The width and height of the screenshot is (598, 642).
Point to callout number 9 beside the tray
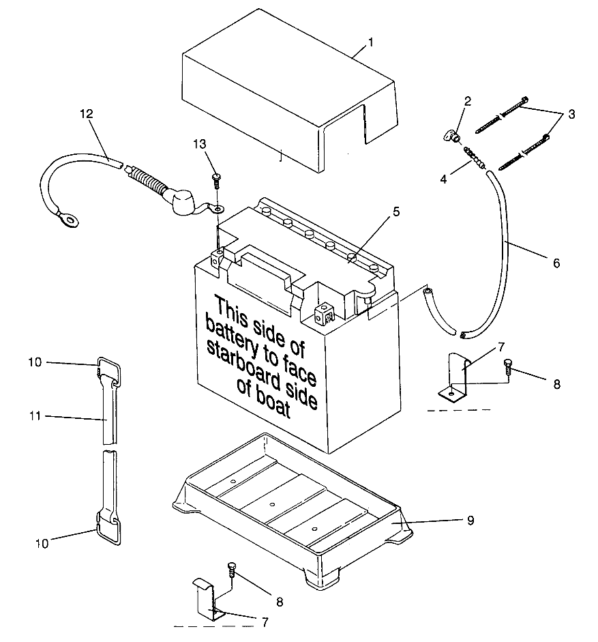[x=470, y=520]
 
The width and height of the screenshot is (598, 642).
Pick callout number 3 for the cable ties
[x=571, y=114]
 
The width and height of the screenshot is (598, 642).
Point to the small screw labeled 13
[x=217, y=179]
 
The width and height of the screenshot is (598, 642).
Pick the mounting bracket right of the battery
[x=455, y=377]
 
